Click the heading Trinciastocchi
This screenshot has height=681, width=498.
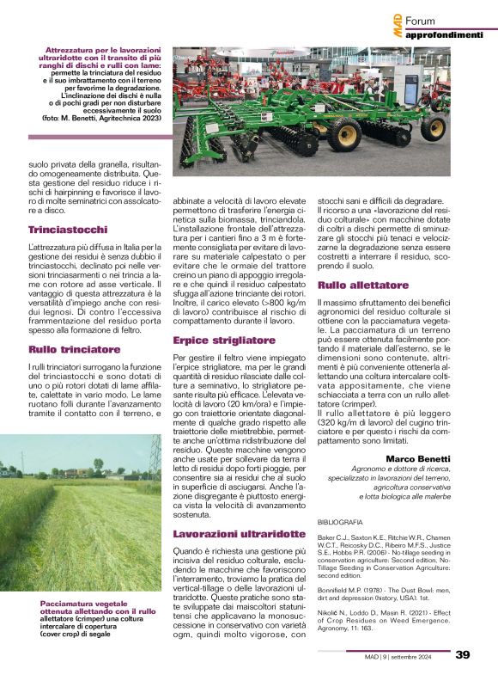[x=68, y=230]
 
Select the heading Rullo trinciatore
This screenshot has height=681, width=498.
[x=75, y=349]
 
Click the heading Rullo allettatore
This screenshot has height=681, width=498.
[x=363, y=284]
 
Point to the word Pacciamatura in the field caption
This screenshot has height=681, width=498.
[x=67, y=603]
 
